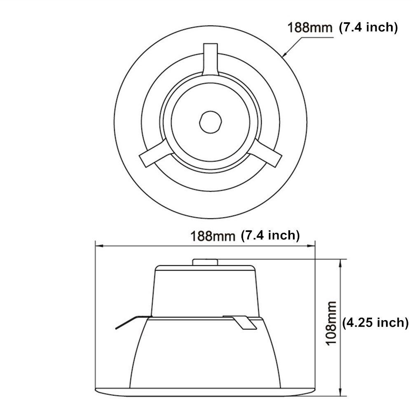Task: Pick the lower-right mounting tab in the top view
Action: click(x=269, y=154)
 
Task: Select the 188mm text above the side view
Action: click(x=212, y=236)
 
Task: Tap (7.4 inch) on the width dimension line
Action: click(x=269, y=235)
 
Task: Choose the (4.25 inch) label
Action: click(x=375, y=322)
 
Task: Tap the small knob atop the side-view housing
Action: click(x=205, y=262)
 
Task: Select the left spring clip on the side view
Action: click(x=130, y=322)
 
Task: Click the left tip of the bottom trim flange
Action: click(x=96, y=389)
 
